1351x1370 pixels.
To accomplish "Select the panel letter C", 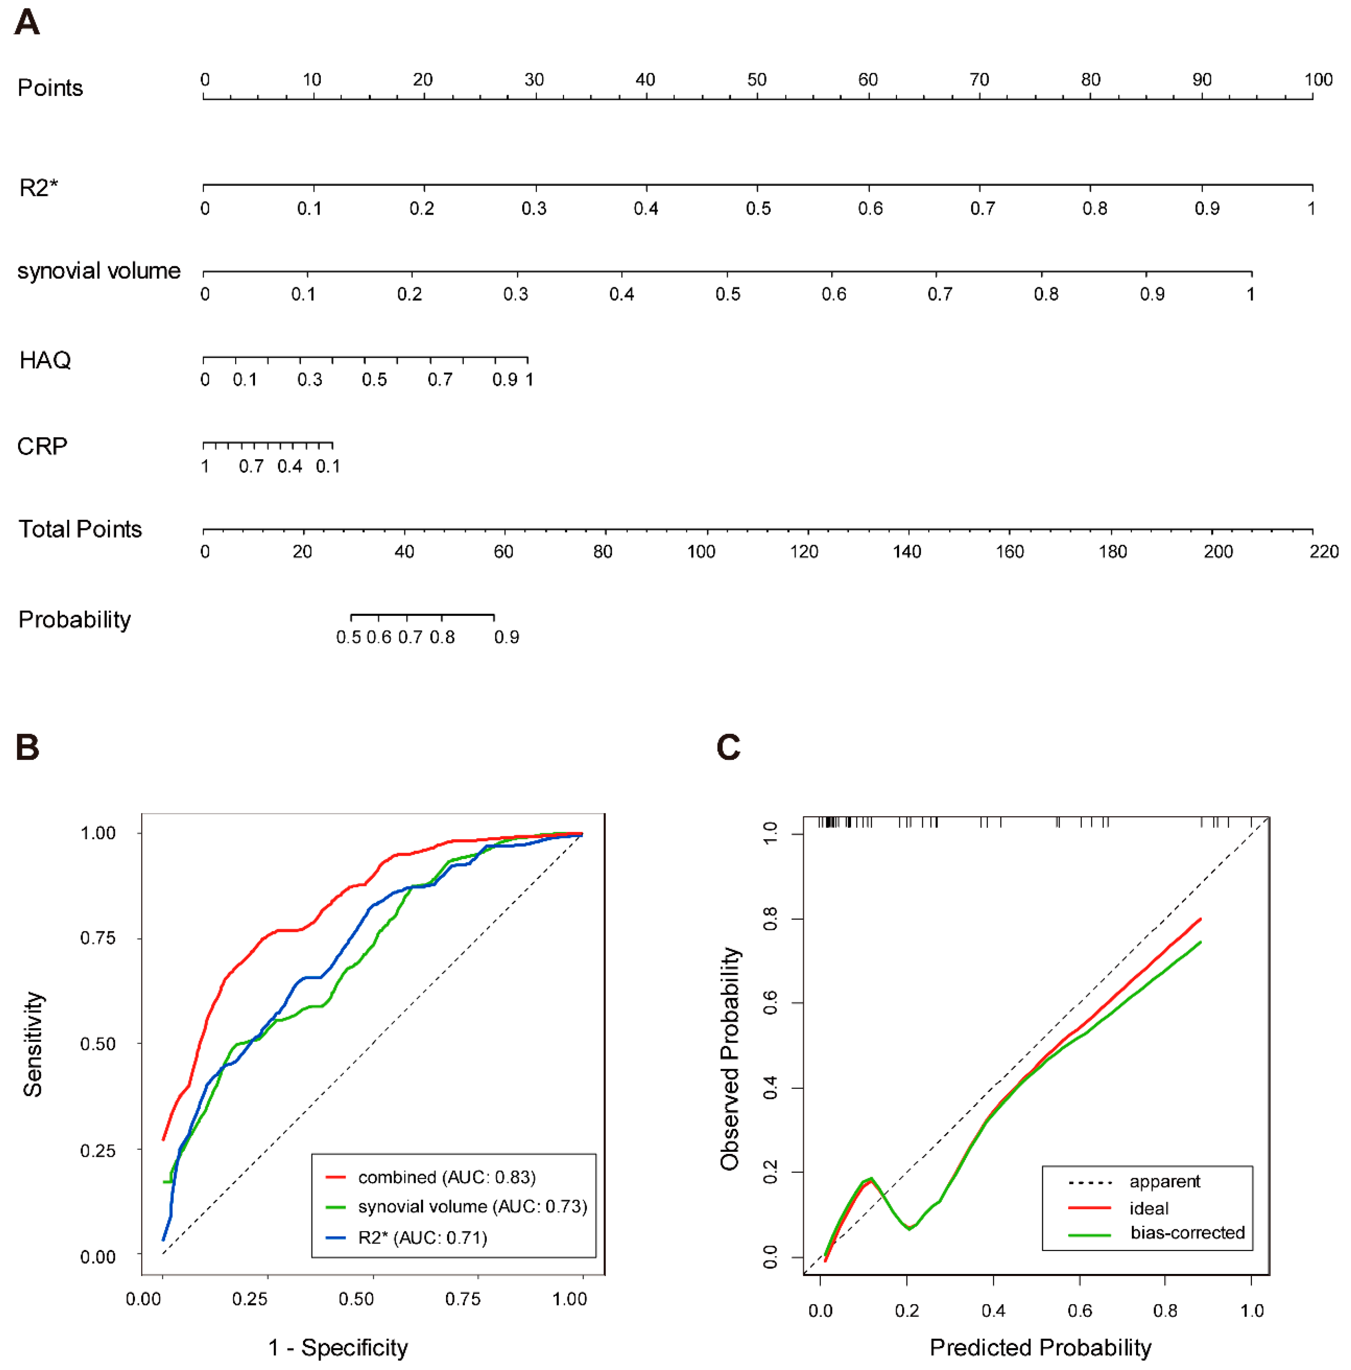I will point(728,747).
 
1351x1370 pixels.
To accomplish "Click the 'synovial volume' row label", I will point(99,271).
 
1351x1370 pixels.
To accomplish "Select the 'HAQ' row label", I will point(45,360).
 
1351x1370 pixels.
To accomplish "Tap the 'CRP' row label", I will point(42,446).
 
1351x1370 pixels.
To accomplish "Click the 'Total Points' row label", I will point(80,529).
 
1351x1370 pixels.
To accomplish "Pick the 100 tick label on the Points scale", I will point(1318,80).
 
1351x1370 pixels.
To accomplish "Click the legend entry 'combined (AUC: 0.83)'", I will point(446,1177).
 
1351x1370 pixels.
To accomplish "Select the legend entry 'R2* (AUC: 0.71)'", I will point(422,1237).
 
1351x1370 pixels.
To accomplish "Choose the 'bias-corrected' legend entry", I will point(1187,1232).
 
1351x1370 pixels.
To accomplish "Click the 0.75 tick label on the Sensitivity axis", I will point(98,938).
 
